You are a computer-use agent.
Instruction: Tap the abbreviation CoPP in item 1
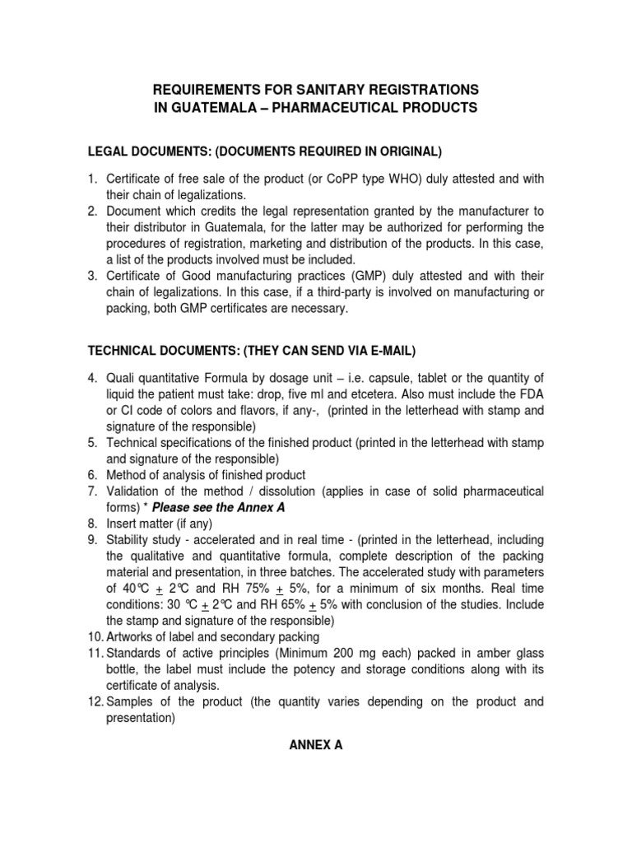pyautogui.click(x=377, y=179)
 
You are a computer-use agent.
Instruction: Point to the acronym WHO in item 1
pyautogui.click(x=444, y=179)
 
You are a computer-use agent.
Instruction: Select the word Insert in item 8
pyautogui.click(x=123, y=524)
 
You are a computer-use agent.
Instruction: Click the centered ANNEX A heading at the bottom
pyautogui.click(x=315, y=745)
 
